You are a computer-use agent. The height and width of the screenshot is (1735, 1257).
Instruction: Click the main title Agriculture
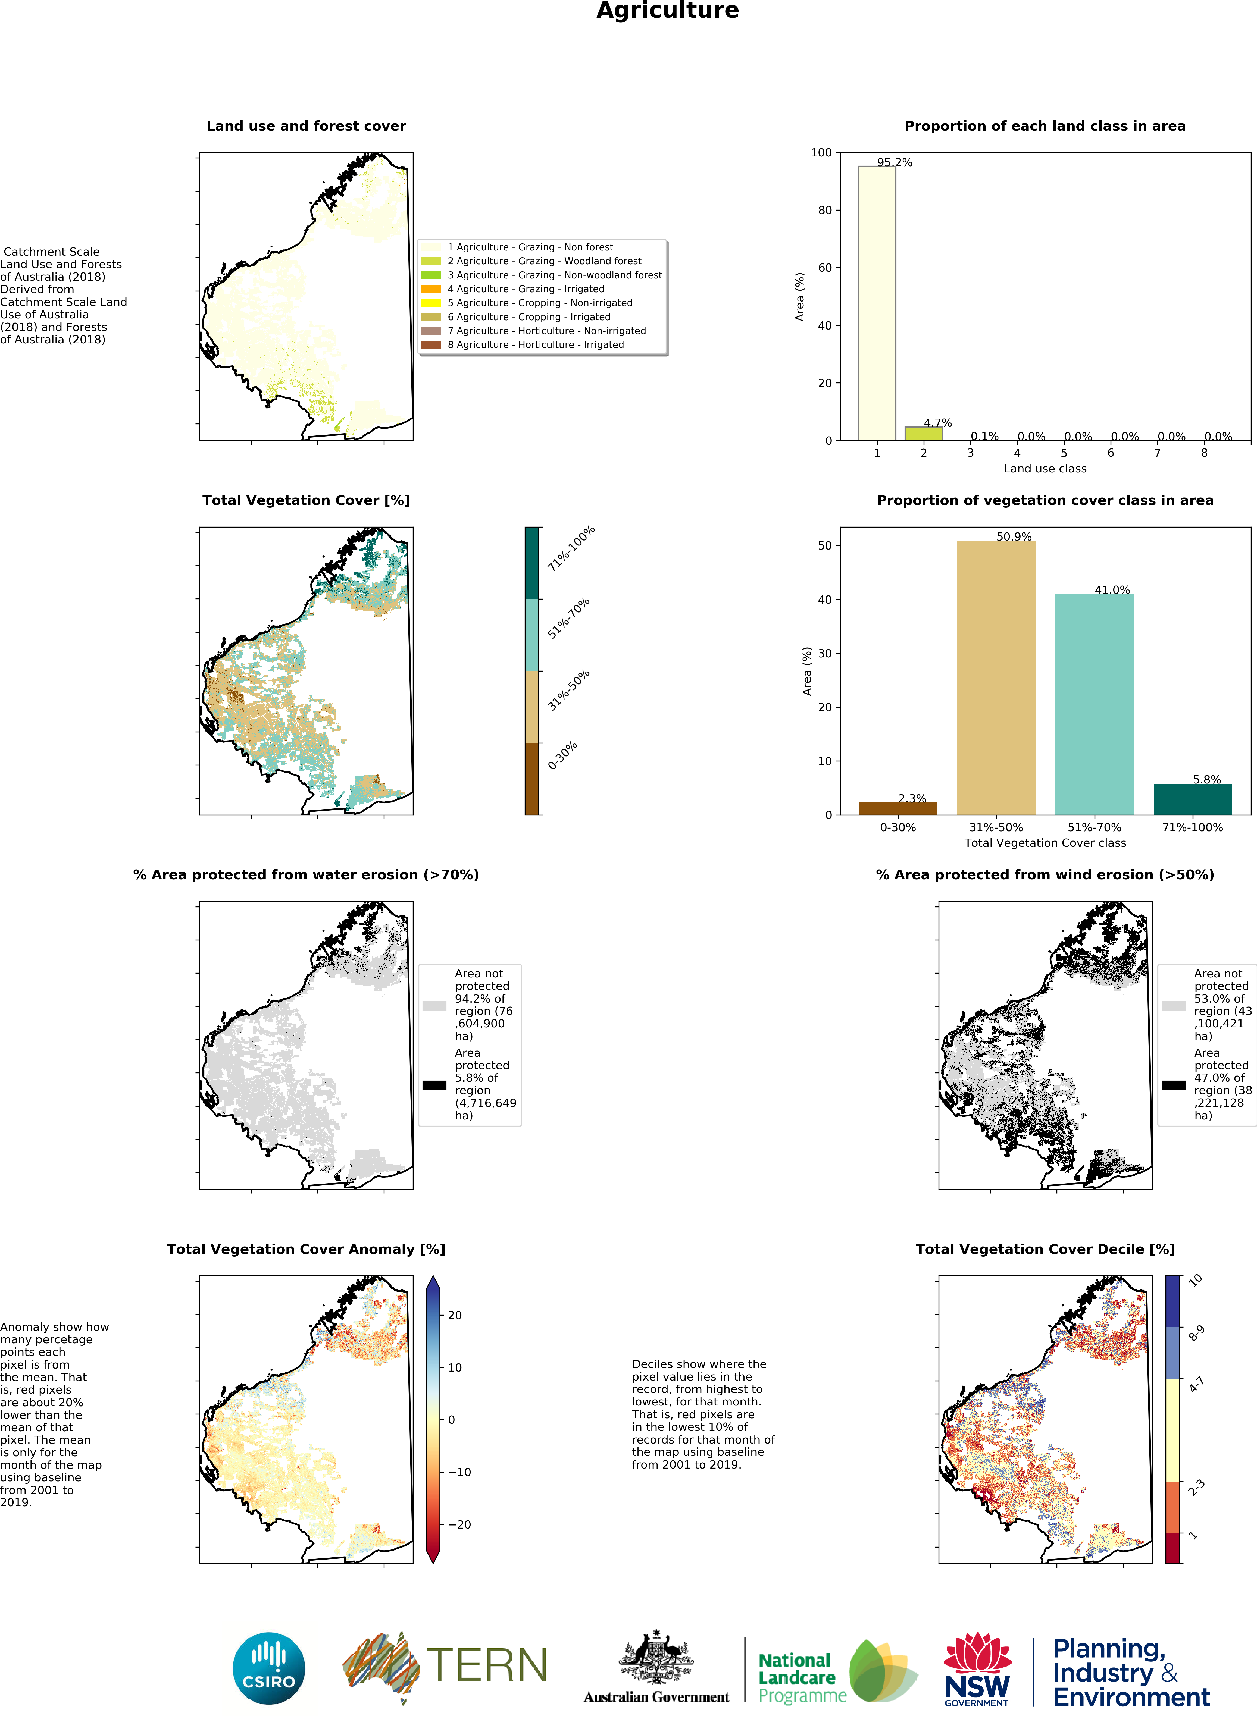[x=667, y=11]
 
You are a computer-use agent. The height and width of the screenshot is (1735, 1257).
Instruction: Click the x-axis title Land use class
[x=1044, y=469]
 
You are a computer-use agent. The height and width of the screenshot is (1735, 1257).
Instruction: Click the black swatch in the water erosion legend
[x=434, y=1085]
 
